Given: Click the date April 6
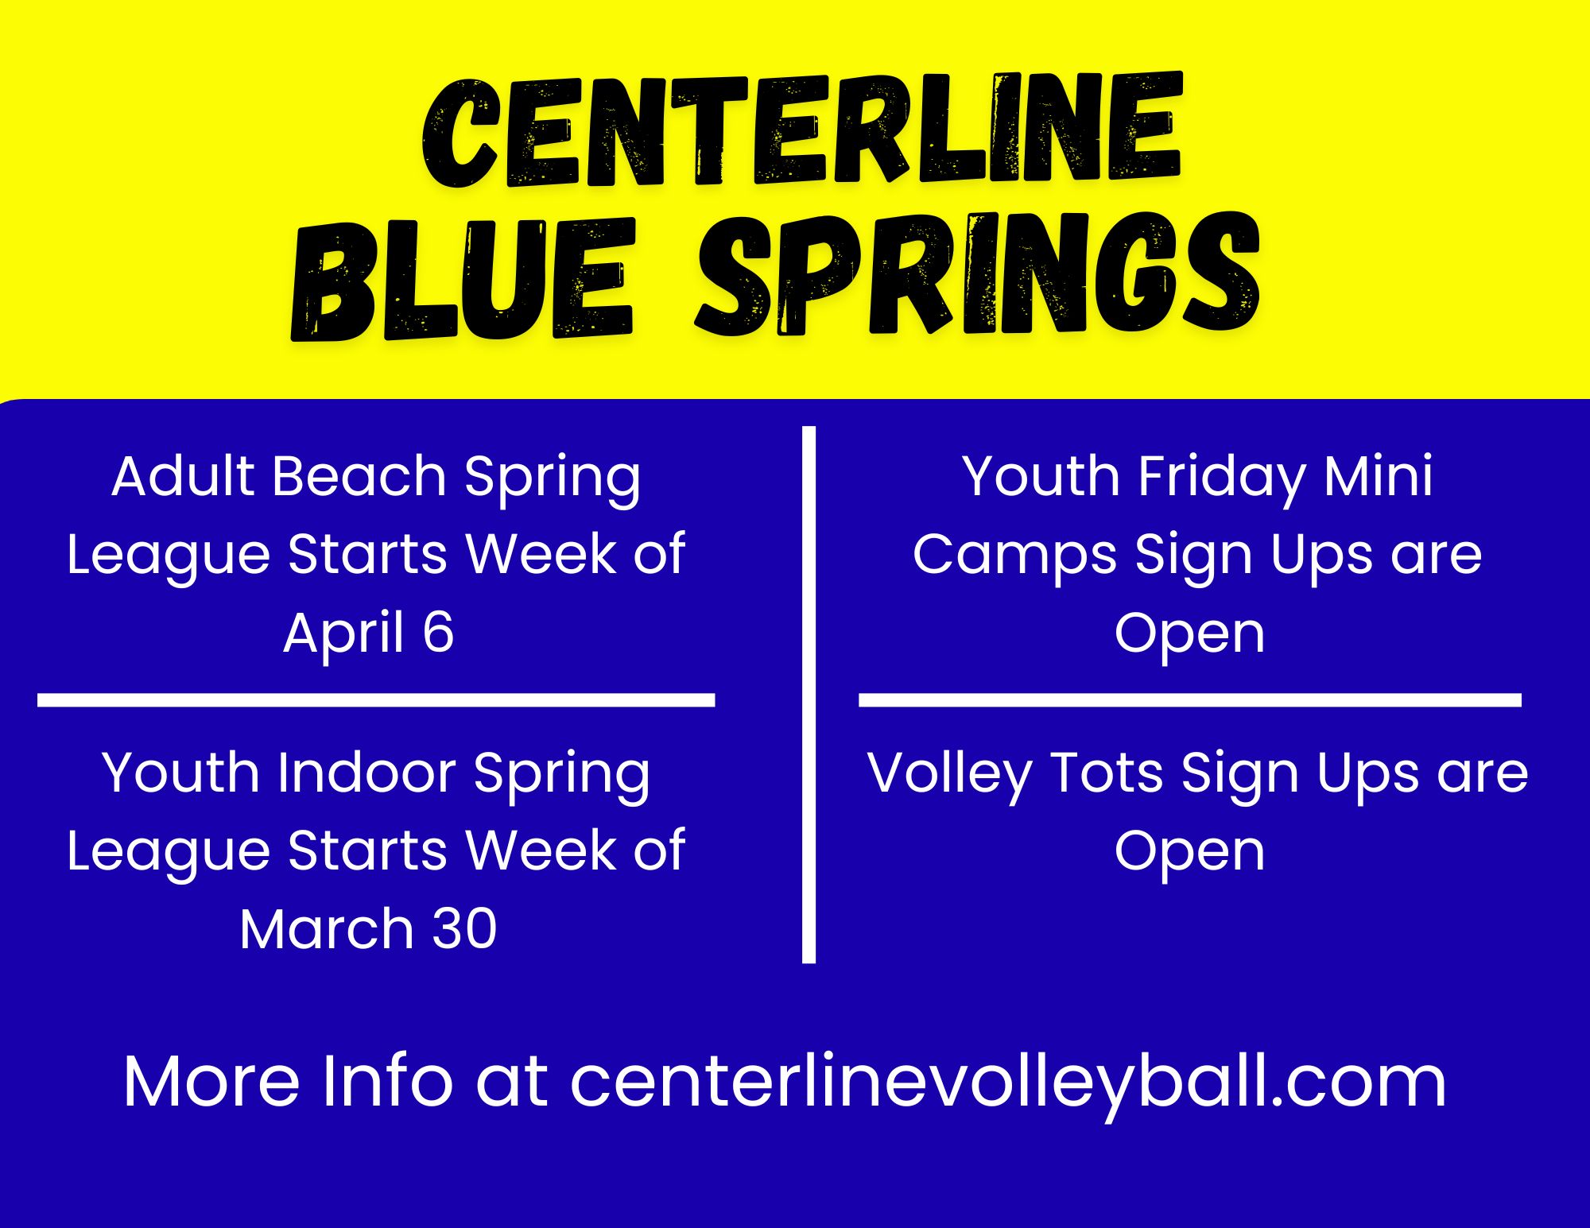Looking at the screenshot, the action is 369,633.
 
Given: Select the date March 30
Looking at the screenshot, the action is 368,928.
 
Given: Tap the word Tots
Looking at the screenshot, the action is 1107,773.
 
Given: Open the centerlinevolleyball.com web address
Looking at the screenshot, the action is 1008,1083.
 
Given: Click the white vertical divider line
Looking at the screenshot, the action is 809,695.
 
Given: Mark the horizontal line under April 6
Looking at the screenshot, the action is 376,700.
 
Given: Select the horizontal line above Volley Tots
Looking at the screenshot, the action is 1190,700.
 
